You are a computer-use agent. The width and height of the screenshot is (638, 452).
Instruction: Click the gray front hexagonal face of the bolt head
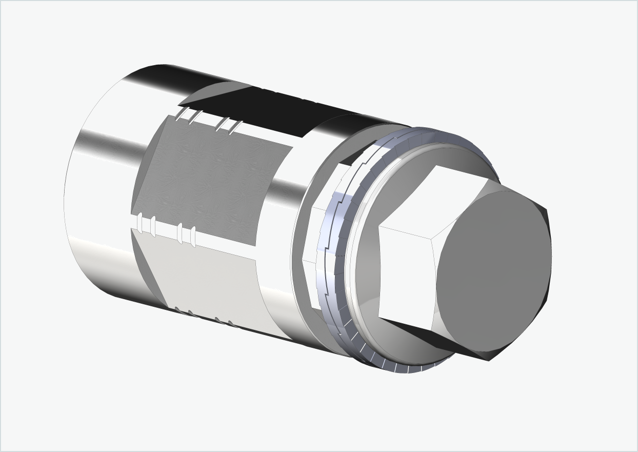click(x=492, y=272)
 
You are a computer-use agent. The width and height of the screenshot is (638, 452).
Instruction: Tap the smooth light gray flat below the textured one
click(x=210, y=277)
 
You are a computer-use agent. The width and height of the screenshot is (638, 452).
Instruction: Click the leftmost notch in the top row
click(x=179, y=114)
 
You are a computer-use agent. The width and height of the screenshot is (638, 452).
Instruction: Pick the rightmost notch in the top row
click(x=235, y=127)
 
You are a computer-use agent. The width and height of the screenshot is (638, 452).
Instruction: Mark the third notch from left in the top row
click(x=221, y=124)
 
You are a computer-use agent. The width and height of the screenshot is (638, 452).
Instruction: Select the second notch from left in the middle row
click(x=153, y=226)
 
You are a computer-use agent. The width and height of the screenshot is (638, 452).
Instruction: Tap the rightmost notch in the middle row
click(x=193, y=237)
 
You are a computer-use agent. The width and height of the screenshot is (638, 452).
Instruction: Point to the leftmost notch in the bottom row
click(x=177, y=309)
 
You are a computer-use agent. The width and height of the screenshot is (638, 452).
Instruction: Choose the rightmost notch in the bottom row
click(x=231, y=324)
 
